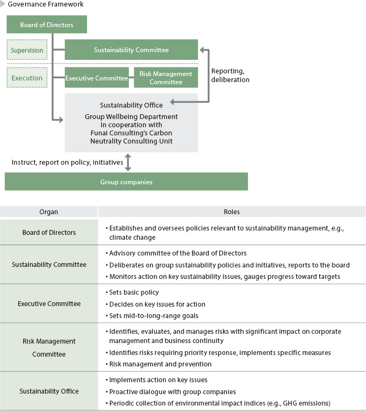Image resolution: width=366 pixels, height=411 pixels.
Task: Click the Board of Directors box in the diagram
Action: click(x=47, y=24)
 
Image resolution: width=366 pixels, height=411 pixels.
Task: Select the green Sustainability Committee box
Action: click(x=131, y=49)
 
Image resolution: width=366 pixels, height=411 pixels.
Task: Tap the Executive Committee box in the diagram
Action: click(x=97, y=78)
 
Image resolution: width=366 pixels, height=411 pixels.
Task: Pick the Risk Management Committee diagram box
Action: click(x=166, y=78)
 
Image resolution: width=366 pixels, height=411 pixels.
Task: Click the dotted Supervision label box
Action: click(x=27, y=50)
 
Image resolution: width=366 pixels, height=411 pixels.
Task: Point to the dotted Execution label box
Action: click(x=27, y=78)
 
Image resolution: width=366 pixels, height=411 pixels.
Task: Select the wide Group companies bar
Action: click(x=126, y=182)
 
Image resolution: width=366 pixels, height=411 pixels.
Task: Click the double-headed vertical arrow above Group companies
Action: click(x=128, y=163)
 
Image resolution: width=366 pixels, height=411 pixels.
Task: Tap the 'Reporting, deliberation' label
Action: click(x=230, y=75)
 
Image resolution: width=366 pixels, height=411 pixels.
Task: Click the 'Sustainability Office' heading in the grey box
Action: click(x=131, y=105)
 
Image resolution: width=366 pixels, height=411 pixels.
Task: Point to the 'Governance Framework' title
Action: click(x=45, y=4)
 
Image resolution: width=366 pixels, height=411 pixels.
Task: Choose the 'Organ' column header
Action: click(x=48, y=212)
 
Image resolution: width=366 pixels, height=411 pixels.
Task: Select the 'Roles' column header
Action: click(x=232, y=212)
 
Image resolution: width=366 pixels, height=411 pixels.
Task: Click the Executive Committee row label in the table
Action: click(x=49, y=303)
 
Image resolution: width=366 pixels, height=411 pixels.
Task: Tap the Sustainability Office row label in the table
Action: click(x=49, y=391)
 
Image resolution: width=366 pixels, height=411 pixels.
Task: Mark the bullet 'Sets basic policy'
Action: click(x=132, y=292)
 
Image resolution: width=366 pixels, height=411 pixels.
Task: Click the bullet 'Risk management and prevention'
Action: click(x=158, y=364)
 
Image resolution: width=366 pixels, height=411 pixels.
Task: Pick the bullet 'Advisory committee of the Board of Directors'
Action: click(x=176, y=253)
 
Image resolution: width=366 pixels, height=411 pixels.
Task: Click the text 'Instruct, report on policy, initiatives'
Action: click(x=67, y=163)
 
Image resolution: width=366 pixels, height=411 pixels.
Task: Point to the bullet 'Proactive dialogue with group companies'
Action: click(x=171, y=391)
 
